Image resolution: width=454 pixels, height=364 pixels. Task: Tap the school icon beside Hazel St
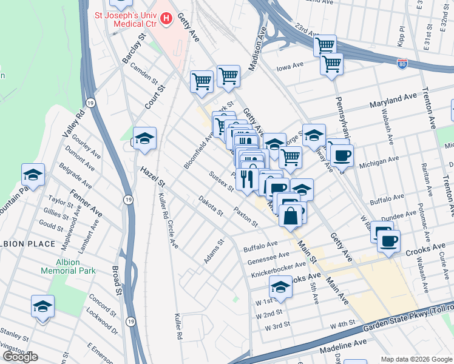click(x=144, y=139)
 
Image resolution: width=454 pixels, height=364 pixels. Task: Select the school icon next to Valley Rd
click(x=33, y=175)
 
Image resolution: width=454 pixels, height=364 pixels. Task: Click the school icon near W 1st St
click(x=280, y=287)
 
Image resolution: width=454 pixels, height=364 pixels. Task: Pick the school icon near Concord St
click(x=42, y=306)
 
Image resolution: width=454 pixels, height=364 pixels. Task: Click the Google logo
click(x=19, y=357)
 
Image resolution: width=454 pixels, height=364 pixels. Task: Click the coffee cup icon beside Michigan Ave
click(x=342, y=155)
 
